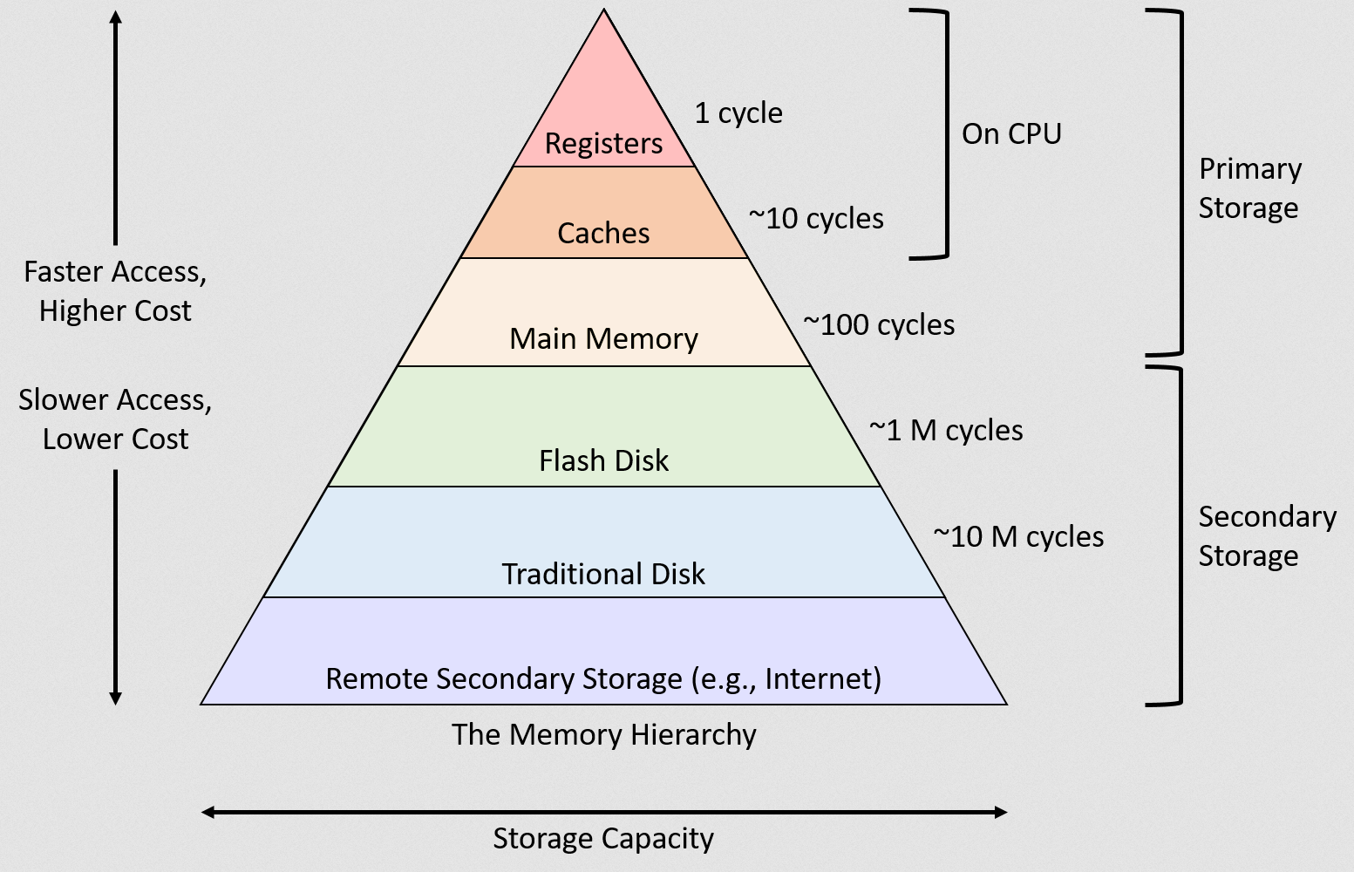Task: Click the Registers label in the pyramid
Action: (x=603, y=144)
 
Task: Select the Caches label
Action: (x=603, y=234)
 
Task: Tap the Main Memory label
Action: (x=603, y=339)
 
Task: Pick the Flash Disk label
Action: (x=603, y=460)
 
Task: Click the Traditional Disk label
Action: (x=603, y=574)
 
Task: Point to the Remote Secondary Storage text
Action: (x=603, y=678)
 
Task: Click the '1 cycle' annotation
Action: (x=738, y=113)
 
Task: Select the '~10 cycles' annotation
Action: (x=816, y=219)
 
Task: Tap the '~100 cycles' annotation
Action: (x=879, y=325)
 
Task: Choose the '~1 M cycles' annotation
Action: (x=946, y=431)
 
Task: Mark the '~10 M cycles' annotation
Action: (x=1018, y=537)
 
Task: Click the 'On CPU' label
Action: (x=1011, y=134)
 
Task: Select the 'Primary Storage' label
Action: (x=1249, y=188)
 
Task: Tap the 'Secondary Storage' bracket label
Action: (x=1267, y=536)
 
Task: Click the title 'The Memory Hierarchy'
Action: (x=603, y=735)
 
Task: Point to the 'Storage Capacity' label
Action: (x=603, y=839)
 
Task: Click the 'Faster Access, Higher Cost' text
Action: (x=115, y=291)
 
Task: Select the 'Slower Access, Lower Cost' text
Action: (x=115, y=419)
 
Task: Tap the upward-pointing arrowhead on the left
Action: (x=115, y=17)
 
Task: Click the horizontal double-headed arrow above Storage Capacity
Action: (x=603, y=812)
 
